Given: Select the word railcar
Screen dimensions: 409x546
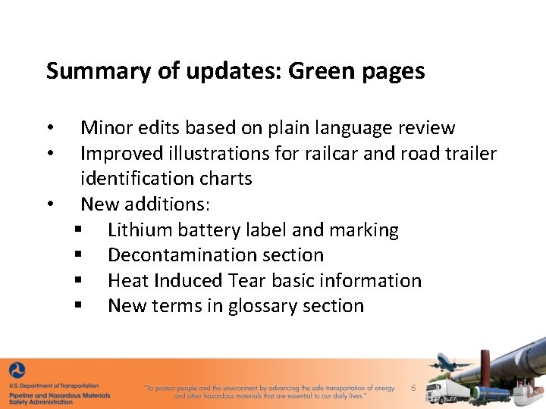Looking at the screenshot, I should pos(331,154).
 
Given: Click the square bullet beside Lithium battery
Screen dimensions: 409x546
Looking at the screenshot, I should pos(78,230).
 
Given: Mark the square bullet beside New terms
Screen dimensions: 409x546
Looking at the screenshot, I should pos(78,307).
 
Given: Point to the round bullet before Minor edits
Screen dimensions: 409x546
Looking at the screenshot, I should pos(49,128).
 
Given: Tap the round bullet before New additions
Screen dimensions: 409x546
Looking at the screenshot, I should pos(49,204).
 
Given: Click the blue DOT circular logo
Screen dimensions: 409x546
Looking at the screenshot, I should pos(17,371).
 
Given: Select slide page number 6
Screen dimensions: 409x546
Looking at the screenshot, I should pos(413,388).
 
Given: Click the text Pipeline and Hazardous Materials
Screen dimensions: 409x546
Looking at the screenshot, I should pos(60,395).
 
